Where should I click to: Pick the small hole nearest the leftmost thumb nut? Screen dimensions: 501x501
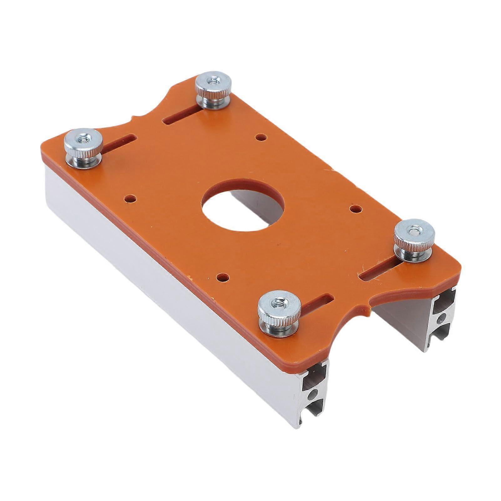click(130, 198)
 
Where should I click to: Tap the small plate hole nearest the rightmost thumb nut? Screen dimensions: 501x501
click(355, 208)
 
